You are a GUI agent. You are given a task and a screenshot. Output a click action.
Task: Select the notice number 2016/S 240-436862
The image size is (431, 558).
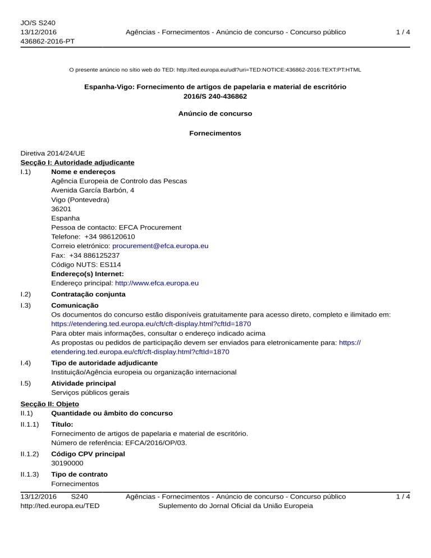coord(215,97)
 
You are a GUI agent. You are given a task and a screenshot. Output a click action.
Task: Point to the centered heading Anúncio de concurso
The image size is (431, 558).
coord(215,113)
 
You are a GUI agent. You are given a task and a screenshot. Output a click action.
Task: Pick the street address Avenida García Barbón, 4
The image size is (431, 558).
coord(93,190)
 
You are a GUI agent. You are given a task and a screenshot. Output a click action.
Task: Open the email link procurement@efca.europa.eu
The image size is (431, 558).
coord(161,246)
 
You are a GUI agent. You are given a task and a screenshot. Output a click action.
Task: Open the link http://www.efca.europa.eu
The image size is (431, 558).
coord(157,283)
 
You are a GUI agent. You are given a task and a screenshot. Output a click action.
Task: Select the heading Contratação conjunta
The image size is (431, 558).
coord(88,294)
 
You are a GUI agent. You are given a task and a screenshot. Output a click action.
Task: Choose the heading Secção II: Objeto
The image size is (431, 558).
coord(49,404)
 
